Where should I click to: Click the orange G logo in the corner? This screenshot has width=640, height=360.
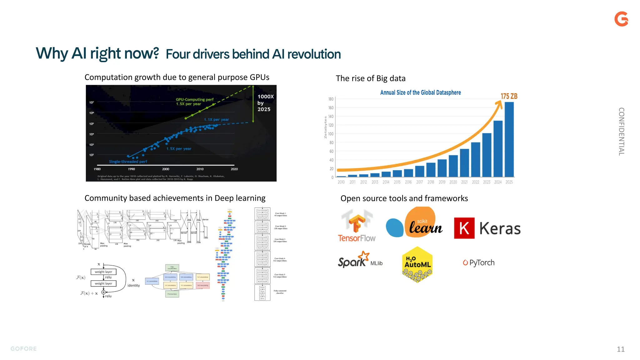coord(621,19)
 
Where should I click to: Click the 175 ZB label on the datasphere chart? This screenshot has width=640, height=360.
coord(509,96)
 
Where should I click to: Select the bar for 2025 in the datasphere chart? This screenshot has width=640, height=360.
coord(509,139)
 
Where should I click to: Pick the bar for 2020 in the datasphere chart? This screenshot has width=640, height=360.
coord(453,166)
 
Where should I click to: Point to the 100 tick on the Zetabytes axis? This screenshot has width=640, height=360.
coord(331,134)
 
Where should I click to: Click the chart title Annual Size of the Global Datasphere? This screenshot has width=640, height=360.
coord(420,92)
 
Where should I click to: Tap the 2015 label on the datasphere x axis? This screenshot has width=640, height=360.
coord(397,182)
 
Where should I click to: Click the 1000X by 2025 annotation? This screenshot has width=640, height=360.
coord(265,103)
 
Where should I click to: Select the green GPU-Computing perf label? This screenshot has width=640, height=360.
coord(194,102)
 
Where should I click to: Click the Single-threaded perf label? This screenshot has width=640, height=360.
coord(128,162)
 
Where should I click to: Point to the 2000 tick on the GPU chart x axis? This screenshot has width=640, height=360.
coord(166,169)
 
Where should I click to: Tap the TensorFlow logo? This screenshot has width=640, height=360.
coord(357,226)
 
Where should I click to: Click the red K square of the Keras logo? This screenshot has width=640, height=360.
coord(464,228)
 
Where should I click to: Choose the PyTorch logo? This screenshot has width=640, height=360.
coord(479,262)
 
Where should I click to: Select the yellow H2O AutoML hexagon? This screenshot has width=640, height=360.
coord(417,264)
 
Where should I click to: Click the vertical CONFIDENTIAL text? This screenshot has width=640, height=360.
coord(621,131)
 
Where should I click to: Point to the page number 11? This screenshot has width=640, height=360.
coord(621,349)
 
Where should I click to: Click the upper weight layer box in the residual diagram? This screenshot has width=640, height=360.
coord(103,272)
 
